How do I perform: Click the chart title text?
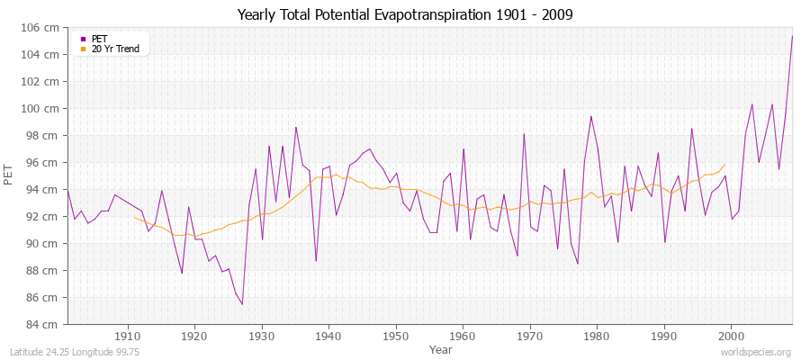[x=405, y=14]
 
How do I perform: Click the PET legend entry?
[x=99, y=39]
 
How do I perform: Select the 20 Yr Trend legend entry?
[x=114, y=49]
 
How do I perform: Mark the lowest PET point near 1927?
[x=242, y=304]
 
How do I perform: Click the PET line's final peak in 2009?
[x=792, y=36]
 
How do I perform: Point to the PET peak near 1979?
[x=591, y=116]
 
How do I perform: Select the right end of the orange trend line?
[x=724, y=165]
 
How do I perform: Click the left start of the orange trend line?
[x=134, y=217]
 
